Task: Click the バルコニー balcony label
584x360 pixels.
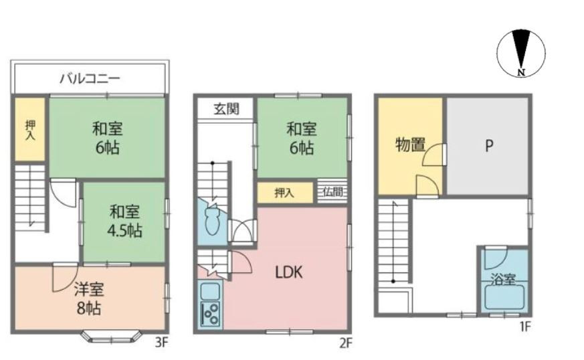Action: (x=90, y=79)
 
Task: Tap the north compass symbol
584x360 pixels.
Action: (x=521, y=53)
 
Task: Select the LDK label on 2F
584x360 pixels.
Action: (x=288, y=272)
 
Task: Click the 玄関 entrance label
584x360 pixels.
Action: (x=226, y=109)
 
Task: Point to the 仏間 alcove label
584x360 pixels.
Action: (x=332, y=192)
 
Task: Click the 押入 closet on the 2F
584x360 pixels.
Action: (x=285, y=193)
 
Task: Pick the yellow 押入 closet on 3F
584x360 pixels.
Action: (x=30, y=129)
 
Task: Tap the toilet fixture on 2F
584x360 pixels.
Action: (x=212, y=221)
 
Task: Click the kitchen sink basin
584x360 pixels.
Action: (x=210, y=291)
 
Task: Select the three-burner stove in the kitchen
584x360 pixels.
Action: (x=211, y=314)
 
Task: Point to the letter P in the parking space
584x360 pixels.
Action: (x=489, y=145)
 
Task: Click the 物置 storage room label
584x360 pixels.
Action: (x=410, y=145)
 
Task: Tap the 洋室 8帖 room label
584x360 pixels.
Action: (x=89, y=299)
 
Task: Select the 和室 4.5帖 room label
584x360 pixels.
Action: (x=125, y=221)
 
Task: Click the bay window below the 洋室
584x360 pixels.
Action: (x=112, y=337)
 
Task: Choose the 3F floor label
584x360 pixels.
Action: (x=162, y=342)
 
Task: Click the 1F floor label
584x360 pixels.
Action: (x=525, y=327)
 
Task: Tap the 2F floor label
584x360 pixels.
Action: (x=345, y=343)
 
